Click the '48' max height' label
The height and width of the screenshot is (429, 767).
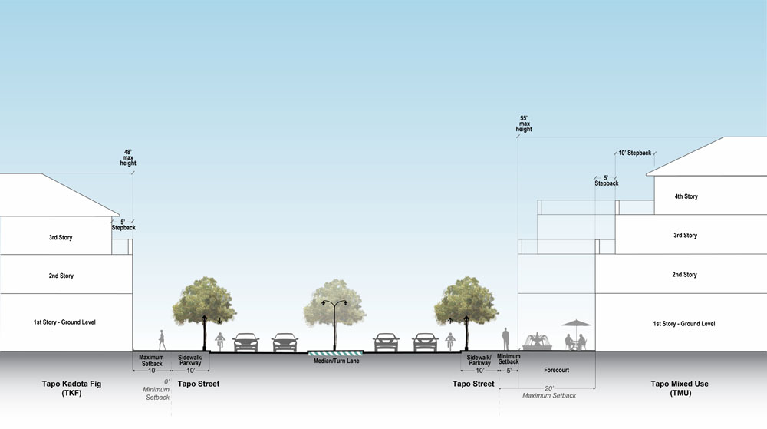coord(127,157)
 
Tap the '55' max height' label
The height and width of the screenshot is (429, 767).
coord(524,124)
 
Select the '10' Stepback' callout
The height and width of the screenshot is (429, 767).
coord(634,153)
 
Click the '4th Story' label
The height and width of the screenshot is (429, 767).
coord(686,197)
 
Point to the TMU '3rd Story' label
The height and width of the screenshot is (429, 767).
coord(684,236)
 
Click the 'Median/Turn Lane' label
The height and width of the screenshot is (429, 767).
coord(337,361)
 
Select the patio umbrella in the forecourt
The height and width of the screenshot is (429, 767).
coord(576,326)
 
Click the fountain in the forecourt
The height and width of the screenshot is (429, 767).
coord(536,341)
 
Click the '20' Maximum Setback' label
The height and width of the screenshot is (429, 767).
coord(548,392)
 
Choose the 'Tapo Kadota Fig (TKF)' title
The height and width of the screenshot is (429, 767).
coord(62,388)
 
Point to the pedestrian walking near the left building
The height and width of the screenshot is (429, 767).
coord(162,339)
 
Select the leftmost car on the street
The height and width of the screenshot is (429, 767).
coord(245,342)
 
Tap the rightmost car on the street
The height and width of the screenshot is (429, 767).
coord(425,342)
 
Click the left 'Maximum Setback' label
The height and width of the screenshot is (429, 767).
coord(152,361)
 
